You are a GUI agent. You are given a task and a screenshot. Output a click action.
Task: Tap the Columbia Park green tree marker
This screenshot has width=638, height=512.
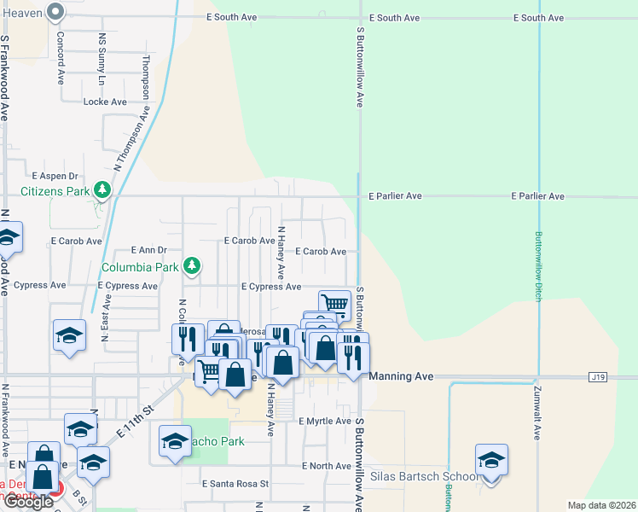click(x=193, y=266)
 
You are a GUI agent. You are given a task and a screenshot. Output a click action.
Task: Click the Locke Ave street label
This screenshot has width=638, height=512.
click(x=105, y=102)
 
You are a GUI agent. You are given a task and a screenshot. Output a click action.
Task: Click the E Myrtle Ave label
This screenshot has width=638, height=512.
click(x=325, y=421)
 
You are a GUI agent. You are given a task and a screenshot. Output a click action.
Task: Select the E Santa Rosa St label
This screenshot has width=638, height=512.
click(x=235, y=483)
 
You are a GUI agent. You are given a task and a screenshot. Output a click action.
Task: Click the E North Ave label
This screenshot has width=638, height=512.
click(x=327, y=466)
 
